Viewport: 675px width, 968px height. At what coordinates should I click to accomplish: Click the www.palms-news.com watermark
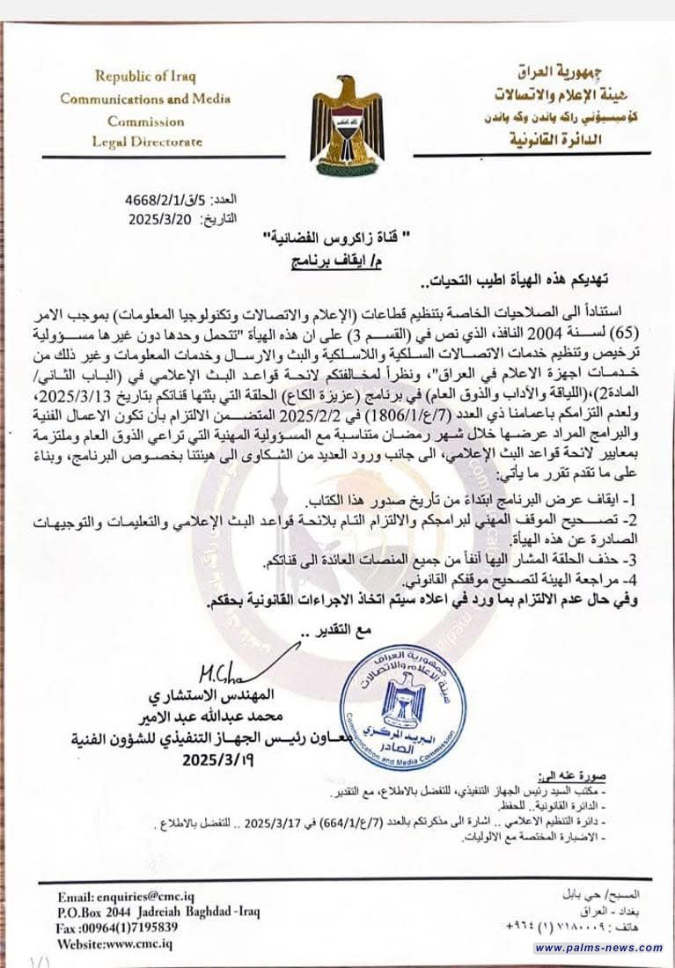coord(598,948)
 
